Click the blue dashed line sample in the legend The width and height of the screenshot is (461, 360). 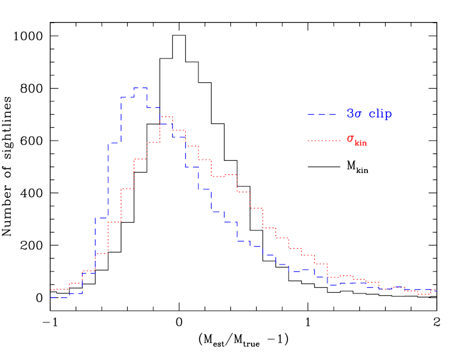coord(324,115)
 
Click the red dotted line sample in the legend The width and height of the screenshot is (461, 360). coord(324,141)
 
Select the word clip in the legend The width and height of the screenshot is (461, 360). coord(380,114)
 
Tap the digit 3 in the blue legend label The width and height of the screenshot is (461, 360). coord(350,114)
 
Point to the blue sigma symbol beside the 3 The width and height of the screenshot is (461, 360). coord(358,115)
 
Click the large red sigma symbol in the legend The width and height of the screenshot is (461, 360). coord(350,139)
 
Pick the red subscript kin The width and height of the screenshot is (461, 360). coord(360,143)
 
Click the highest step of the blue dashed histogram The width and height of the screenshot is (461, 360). coord(141,89)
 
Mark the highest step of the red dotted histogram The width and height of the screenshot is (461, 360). coord(167,117)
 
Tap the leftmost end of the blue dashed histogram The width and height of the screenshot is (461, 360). coord(51,297)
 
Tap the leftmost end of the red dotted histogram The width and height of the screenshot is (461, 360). coord(51,290)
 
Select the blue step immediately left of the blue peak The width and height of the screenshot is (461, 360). coord(127,97)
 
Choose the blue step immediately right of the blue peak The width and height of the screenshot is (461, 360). coord(153,108)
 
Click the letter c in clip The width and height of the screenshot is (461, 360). coord(372,115)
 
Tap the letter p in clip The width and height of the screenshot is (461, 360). coord(389,115)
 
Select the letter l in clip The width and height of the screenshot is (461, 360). coord(378,113)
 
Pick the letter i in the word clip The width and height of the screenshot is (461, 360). coord(383,113)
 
